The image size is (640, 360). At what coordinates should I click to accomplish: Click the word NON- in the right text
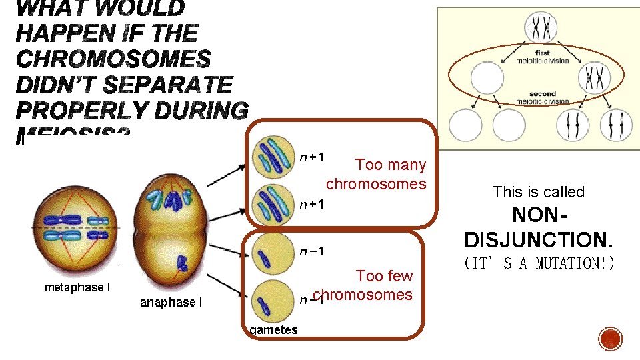point(538,215)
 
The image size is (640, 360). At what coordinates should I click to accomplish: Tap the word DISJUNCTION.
point(538,238)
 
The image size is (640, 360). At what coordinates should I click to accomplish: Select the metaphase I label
point(77,287)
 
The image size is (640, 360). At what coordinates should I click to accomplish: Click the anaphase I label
point(171,302)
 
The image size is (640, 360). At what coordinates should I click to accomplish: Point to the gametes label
point(273,329)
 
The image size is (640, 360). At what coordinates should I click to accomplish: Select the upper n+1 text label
point(311,157)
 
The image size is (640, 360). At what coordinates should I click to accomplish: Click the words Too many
point(391,164)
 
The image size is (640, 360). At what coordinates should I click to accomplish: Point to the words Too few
point(384,276)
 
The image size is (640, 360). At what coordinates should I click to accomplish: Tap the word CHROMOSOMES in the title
point(113,59)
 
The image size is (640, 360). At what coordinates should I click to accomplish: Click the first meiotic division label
point(542,57)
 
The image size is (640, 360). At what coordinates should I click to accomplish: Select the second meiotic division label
point(542,98)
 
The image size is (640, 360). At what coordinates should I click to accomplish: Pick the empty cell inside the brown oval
point(487,77)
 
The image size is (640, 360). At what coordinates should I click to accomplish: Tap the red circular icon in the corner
point(610,339)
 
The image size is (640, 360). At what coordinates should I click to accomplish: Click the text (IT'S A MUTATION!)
point(538,263)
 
